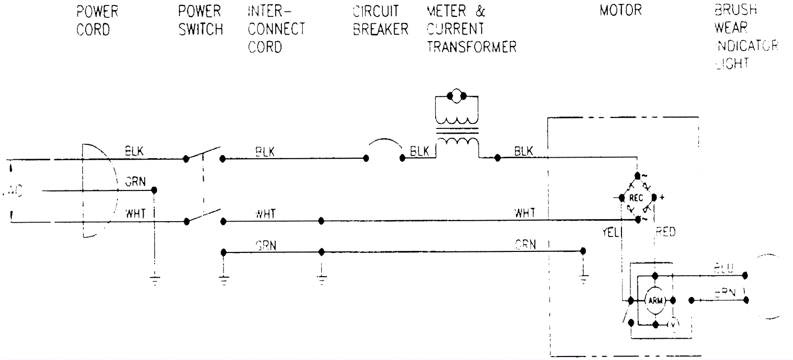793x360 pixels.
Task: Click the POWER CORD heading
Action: tap(97, 20)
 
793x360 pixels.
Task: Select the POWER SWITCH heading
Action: tap(200, 20)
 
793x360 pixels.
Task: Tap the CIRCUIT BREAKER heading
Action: tap(380, 20)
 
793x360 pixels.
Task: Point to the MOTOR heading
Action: tap(621, 10)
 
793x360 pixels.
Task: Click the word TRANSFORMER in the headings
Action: tap(471, 47)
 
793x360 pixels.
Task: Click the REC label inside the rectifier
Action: tap(636, 198)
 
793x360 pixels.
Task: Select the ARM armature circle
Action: tap(655, 300)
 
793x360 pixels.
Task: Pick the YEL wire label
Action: tap(610, 232)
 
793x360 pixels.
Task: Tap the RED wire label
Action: tap(665, 232)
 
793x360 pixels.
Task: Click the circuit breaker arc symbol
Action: tap(384, 145)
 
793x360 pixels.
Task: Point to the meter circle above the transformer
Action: tap(456, 96)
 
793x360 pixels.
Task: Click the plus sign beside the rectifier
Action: tap(662, 197)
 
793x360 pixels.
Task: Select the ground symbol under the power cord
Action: tap(155, 280)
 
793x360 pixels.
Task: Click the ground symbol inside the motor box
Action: tap(583, 277)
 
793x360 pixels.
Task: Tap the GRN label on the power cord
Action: tap(135, 182)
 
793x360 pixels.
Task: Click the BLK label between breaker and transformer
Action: tap(419, 151)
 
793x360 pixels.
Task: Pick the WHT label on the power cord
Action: tap(135, 214)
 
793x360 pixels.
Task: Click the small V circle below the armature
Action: tap(673, 324)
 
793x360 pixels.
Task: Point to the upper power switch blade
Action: tap(203, 153)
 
